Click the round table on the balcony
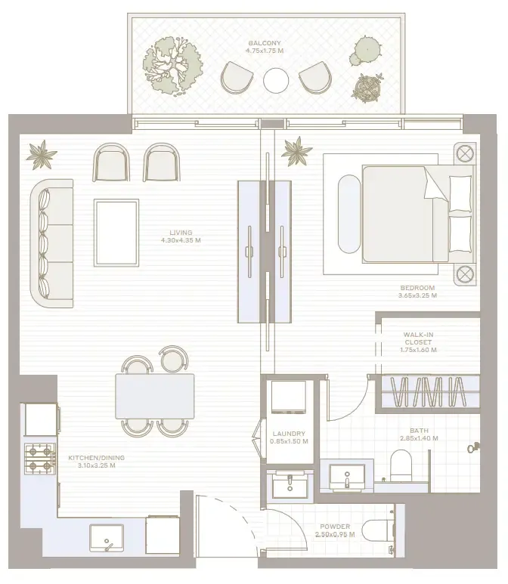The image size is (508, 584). click(276, 80)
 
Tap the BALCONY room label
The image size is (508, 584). click(265, 43)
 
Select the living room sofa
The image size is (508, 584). click(52, 243)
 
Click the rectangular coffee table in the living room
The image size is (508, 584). click(116, 233)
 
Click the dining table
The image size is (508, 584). click(155, 397)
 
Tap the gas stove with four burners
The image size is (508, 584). click(40, 459)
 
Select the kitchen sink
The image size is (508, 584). click(107, 538)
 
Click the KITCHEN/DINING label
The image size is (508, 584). click(97, 458)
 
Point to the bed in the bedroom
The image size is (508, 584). click(418, 214)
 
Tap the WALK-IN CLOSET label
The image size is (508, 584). click(418, 338)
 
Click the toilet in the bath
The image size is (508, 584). click(401, 465)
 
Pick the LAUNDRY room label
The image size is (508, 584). click(289, 434)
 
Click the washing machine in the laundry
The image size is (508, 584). click(289, 397)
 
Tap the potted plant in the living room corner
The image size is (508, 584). click(42, 155)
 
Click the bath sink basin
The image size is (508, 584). click(347, 477)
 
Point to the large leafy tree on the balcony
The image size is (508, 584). click(173, 66)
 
